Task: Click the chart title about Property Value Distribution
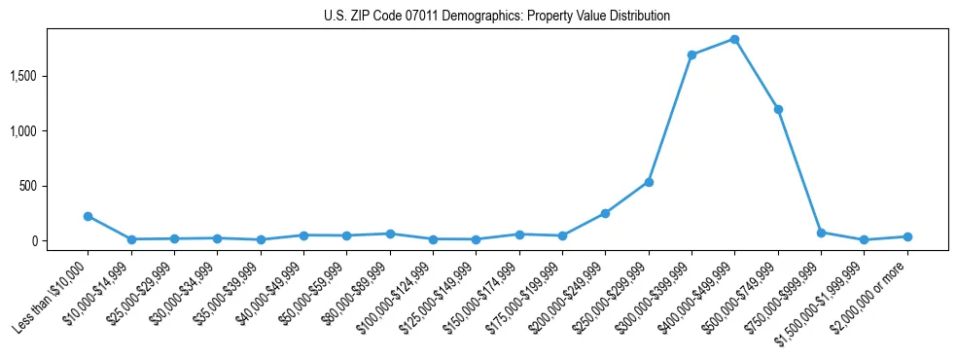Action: (497, 17)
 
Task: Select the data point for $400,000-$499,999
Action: (734, 39)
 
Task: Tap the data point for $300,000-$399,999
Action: (691, 54)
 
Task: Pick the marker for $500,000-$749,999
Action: (778, 109)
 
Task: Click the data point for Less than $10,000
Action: (88, 216)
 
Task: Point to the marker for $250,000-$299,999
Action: (649, 182)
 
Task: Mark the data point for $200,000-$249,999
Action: (605, 213)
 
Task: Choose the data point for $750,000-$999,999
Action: (821, 233)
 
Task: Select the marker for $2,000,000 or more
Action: (907, 236)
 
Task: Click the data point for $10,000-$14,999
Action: (131, 239)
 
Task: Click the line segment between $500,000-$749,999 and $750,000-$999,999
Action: (799, 171)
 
